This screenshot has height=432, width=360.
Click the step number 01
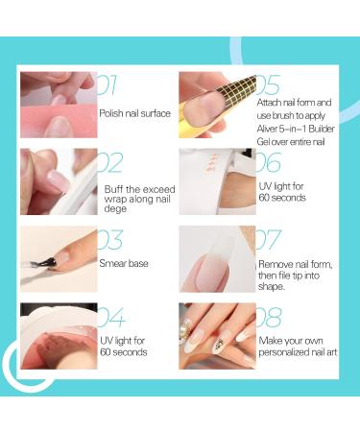point(107,85)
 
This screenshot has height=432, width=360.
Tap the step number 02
point(109,162)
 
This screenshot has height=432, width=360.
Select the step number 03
point(109,240)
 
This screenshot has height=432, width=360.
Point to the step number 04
point(111,317)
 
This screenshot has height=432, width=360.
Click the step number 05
point(268,85)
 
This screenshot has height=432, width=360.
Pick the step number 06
point(269,162)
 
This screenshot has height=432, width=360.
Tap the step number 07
point(269,240)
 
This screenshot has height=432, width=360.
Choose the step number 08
point(269,317)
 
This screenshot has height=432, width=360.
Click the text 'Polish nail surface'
point(134,113)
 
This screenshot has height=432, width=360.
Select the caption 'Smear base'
point(124,263)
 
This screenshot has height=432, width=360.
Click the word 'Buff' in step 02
point(113,189)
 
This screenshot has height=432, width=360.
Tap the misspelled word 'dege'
point(115,209)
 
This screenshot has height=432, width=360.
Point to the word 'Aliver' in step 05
point(266,129)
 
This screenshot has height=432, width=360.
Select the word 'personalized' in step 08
point(279,352)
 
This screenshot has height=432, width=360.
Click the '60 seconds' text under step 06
point(282,198)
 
